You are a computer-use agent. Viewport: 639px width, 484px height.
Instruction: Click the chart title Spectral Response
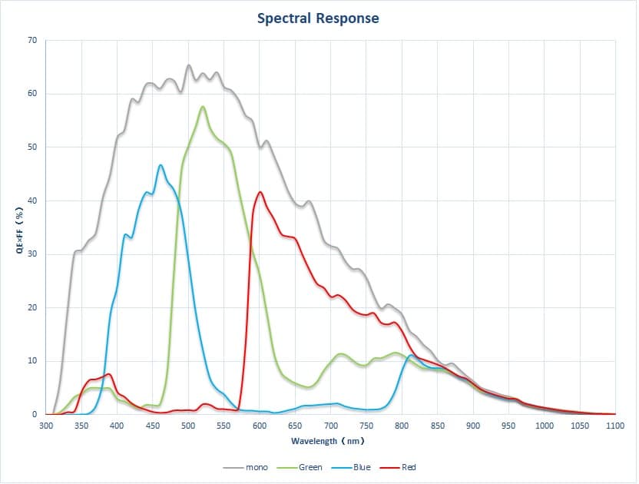pos(318,18)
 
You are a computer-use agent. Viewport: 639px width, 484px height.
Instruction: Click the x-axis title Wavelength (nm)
pos(327,441)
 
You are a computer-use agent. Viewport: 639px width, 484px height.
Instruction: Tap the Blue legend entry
pos(361,467)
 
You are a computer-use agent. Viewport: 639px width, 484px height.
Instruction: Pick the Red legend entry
pos(409,467)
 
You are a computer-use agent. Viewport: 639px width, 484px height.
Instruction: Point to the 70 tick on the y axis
pos(33,40)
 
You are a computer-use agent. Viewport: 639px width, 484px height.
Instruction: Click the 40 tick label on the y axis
pos(33,201)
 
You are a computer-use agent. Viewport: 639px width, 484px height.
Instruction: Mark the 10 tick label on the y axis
pos(33,361)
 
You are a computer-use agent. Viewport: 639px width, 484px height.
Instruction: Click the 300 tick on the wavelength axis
pos(46,425)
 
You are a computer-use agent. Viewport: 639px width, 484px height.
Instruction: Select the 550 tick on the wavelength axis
pos(224,425)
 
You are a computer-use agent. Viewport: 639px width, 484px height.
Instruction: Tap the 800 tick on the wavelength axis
pos(402,425)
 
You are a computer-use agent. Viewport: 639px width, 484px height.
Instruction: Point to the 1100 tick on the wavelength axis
pos(614,425)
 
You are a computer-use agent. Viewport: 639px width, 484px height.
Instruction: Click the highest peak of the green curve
pos(203,107)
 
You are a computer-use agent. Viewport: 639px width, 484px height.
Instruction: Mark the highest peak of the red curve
pos(260,192)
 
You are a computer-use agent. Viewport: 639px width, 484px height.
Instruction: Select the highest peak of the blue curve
pos(161,165)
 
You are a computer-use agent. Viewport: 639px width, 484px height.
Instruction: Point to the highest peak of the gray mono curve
pos(189,65)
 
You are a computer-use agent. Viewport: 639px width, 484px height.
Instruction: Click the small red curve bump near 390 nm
pos(109,374)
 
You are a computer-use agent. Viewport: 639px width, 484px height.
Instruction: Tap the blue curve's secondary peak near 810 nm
pos(411,355)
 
